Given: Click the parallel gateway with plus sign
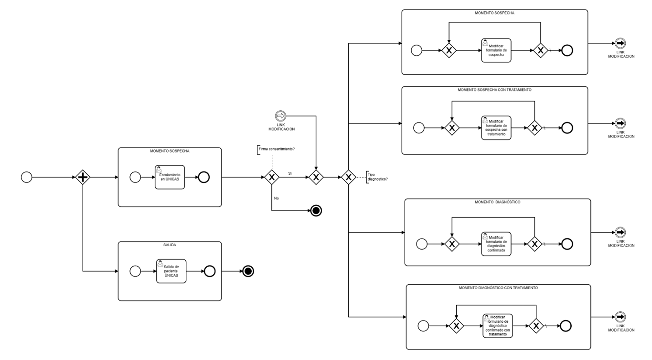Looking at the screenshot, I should click(83, 177).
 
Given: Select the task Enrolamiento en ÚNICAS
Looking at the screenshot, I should click(170, 177).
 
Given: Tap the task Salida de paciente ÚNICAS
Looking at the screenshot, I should click(171, 271).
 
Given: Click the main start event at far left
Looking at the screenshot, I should click(27, 177).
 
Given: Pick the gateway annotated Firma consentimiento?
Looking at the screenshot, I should click(271, 177).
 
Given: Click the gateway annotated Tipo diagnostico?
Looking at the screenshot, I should click(348, 177).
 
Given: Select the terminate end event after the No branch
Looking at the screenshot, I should click(316, 211).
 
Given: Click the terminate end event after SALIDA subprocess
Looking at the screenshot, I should click(248, 271).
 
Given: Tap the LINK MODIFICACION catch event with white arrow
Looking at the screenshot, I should click(281, 116).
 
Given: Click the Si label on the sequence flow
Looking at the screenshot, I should click(290, 174).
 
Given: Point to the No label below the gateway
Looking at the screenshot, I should click(276, 199).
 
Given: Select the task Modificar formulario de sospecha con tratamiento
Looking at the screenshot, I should click(496, 128).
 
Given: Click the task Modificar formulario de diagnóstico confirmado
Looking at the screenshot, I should click(496, 244).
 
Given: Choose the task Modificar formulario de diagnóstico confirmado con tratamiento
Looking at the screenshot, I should click(497, 326).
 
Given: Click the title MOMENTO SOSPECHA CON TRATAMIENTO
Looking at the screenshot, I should click(494, 90).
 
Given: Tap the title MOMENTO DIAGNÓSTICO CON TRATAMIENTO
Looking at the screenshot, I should click(498, 288).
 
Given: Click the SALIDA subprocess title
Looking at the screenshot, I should click(170, 245).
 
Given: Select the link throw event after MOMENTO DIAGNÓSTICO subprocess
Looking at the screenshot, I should click(620, 232).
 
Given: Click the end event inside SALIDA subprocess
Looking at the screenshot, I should click(210, 271).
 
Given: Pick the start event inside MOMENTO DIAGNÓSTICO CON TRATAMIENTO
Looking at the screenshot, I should click(423, 326).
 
